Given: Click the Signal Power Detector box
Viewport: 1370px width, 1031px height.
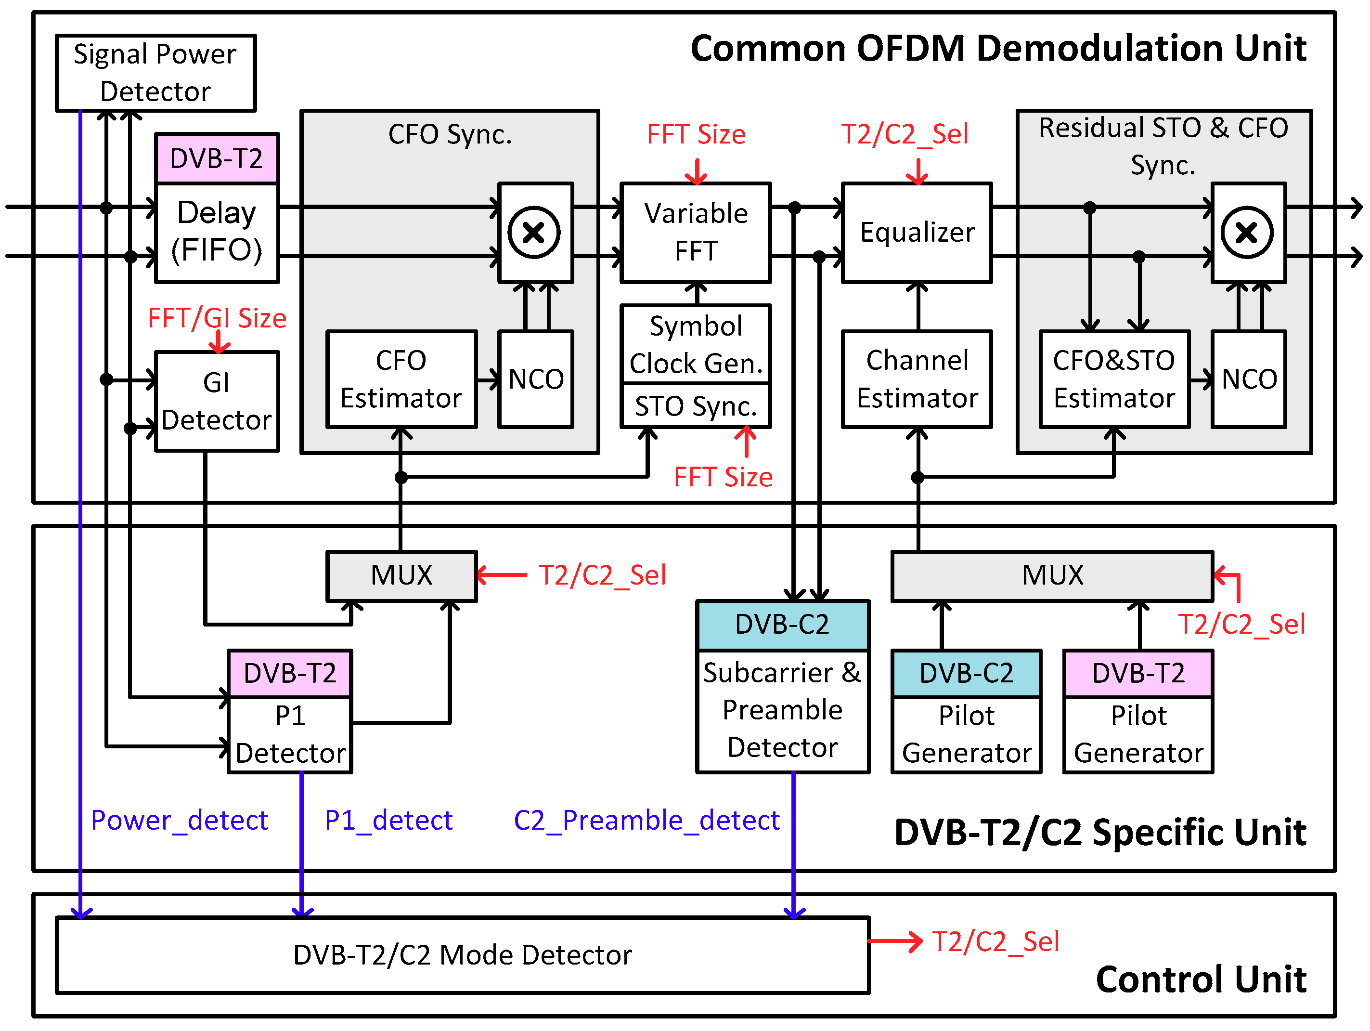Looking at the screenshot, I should [155, 73].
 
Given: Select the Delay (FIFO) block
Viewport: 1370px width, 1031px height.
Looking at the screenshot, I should [217, 232].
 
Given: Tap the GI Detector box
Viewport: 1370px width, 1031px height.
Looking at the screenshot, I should [217, 402].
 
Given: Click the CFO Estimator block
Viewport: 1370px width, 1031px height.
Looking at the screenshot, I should [401, 379].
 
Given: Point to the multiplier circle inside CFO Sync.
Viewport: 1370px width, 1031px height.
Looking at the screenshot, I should [534, 232].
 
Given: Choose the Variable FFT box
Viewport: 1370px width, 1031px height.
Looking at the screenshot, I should [696, 232].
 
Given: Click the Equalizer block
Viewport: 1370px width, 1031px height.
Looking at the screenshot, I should [917, 232].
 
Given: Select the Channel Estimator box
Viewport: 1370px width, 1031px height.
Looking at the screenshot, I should [917, 379].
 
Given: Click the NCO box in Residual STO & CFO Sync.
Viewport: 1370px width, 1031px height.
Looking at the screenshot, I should [1249, 379].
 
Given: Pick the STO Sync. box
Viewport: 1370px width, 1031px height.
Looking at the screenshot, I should [696, 406].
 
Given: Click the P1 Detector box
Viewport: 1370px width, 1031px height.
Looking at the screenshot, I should [290, 734].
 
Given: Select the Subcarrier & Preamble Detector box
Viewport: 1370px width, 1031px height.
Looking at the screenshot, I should [782, 710].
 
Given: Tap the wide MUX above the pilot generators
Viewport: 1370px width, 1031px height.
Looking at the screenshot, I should [1052, 575].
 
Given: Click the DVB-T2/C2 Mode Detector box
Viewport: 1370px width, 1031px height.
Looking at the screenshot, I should [462, 955].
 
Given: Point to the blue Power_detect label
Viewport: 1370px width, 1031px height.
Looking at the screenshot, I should [180, 821].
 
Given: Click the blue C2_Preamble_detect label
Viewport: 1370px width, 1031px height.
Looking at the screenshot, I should [646, 821].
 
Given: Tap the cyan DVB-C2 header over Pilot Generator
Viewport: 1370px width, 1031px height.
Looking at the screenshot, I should [966, 674].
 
